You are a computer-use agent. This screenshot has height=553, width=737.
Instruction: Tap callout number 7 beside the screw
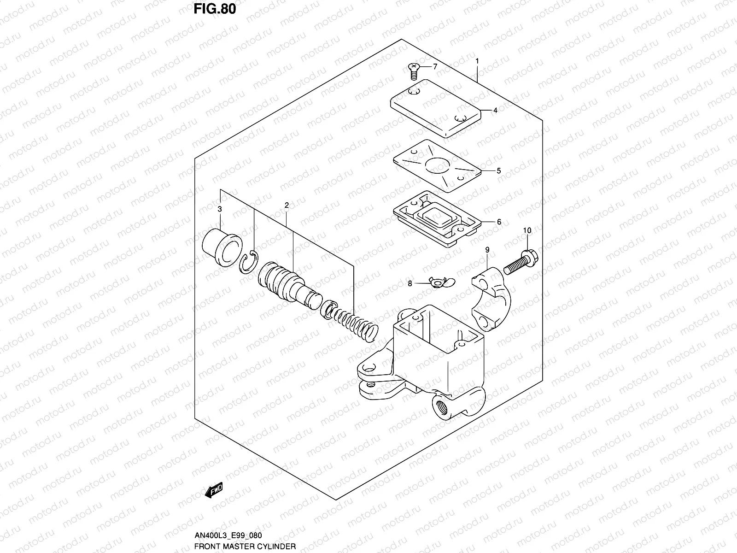point(435,66)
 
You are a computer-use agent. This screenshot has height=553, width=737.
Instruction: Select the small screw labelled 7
point(414,71)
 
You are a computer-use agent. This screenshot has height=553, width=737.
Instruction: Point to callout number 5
point(499,171)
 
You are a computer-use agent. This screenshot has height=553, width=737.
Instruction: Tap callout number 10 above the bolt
point(527,230)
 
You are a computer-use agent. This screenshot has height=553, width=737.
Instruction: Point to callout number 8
point(410,284)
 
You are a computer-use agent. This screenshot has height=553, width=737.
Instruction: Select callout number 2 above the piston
point(287,206)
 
